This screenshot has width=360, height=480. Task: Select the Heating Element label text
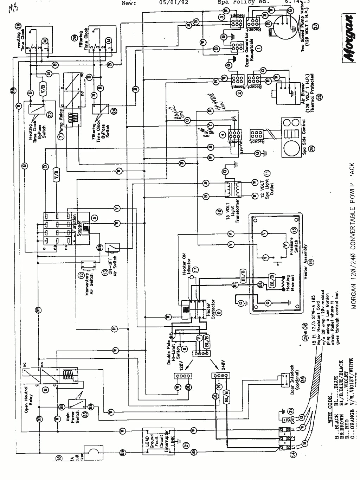(x=291, y=283)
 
